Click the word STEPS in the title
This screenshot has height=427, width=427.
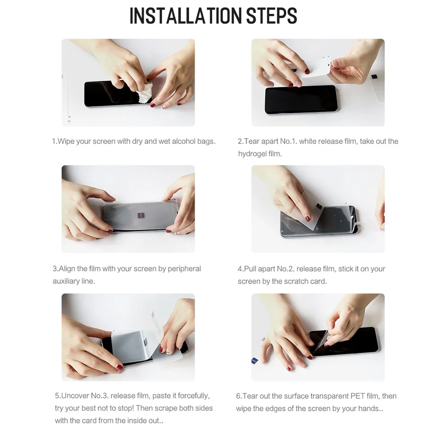(x=271, y=16)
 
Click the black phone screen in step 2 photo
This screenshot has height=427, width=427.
(x=301, y=99)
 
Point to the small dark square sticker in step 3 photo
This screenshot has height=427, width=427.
(x=141, y=216)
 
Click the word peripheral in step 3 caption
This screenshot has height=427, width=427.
(x=184, y=269)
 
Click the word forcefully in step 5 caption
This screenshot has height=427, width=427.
(x=194, y=396)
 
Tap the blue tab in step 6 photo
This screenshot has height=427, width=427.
(x=254, y=360)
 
